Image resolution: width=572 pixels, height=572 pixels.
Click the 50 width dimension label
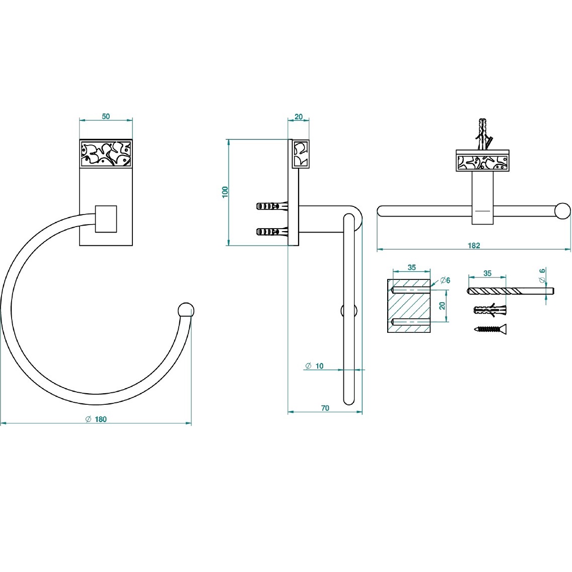106,116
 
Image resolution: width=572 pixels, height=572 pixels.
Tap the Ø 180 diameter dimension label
96,419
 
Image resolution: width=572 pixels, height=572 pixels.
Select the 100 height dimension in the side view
225,192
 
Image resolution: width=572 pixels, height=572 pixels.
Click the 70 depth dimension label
325,408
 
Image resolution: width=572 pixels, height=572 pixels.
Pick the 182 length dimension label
474,246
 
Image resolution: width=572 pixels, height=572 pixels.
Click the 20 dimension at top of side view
298,117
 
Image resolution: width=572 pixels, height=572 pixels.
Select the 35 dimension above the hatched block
411,267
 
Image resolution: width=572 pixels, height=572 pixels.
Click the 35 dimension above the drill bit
487,273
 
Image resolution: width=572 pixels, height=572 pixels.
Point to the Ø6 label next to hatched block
445,280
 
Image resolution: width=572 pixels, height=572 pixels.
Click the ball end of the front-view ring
186,310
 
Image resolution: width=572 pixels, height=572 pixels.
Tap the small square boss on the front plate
106,219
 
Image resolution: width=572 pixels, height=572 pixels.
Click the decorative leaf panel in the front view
106,154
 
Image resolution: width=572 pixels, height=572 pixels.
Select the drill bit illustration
511,291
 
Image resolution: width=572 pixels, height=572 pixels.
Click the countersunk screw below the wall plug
490,329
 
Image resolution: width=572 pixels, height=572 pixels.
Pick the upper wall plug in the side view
272,206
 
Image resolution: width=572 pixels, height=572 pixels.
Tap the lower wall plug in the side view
272,232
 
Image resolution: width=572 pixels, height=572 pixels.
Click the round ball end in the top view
562,211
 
